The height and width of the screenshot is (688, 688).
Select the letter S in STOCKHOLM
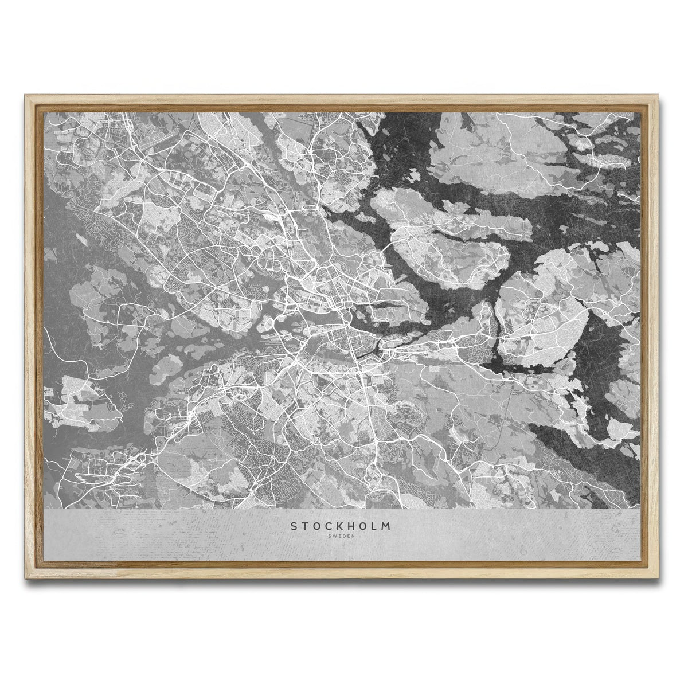[294, 525]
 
